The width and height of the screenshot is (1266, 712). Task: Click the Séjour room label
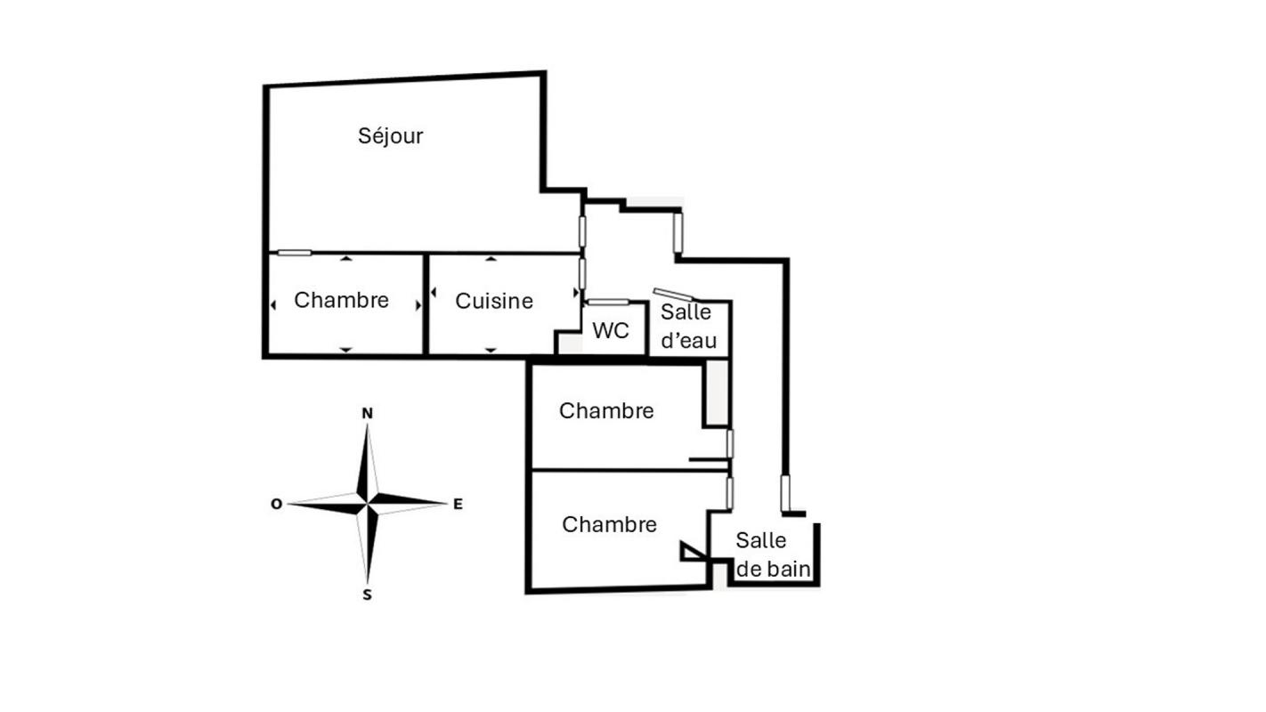coord(390,136)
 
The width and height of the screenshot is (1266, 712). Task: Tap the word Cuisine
coord(494,302)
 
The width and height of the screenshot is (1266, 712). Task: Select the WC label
coord(611,331)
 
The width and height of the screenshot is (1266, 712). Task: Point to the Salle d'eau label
coord(687,326)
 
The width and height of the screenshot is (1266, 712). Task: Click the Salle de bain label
coord(774,554)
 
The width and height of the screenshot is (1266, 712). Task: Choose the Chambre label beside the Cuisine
coord(341,300)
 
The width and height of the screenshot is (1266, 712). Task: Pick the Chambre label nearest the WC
coord(606,410)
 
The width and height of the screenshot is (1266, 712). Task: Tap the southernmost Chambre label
coord(609,524)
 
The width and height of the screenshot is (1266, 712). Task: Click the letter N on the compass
coord(367,413)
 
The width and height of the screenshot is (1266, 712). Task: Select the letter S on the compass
coord(367,595)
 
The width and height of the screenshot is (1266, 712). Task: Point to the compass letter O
coord(276,505)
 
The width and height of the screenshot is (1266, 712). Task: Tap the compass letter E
coord(458,505)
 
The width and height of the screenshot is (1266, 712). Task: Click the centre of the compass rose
coord(367,505)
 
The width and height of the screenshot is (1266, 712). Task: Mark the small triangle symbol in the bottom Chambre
coord(691,552)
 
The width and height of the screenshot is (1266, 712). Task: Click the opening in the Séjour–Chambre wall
coord(294,253)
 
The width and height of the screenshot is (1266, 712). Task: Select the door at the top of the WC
coord(609,302)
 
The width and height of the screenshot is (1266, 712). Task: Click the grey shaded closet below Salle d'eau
coord(717,392)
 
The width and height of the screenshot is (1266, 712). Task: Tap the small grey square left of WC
coord(568,344)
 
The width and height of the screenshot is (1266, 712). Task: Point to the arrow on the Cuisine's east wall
coord(575,292)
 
